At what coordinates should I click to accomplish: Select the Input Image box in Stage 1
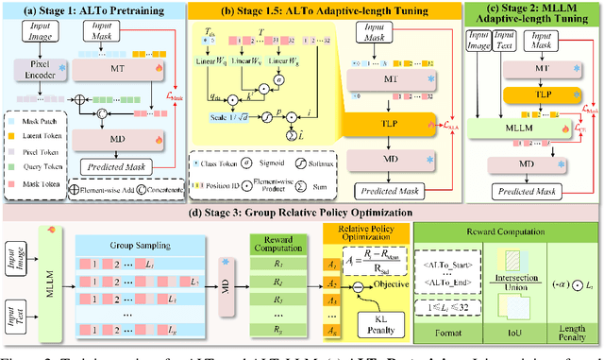[x=32, y=38]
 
